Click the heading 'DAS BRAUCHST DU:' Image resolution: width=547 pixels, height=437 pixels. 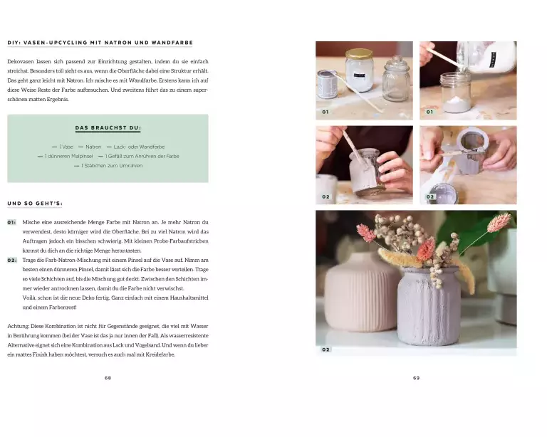pyautogui.click(x=108, y=128)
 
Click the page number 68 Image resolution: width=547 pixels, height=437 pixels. pyautogui.click(x=108, y=378)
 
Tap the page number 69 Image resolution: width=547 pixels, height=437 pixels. pyautogui.click(x=416, y=378)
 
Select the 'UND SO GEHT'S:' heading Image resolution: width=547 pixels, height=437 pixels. pyautogui.click(x=35, y=204)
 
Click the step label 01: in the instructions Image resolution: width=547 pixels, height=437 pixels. pyautogui.click(x=11, y=222)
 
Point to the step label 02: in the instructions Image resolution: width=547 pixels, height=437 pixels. pyautogui.click(x=12, y=260)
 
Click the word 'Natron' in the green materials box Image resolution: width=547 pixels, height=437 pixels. pyautogui.click(x=93, y=147)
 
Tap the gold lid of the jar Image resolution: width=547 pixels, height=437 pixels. pyautogui.click(x=359, y=53)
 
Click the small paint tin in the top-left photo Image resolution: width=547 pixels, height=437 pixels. pyautogui.click(x=328, y=84)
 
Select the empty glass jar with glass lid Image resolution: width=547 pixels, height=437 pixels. pyautogui.click(x=396, y=80)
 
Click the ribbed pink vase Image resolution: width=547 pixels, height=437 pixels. pyautogui.click(x=361, y=292)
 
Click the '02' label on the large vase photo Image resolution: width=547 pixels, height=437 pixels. pyautogui.click(x=325, y=349)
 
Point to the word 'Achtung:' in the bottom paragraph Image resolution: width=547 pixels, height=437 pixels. pyautogui.click(x=18, y=327)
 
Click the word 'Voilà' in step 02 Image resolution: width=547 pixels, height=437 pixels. pyautogui.click(x=29, y=298)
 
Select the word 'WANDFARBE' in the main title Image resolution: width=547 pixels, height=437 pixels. pyautogui.click(x=172, y=43)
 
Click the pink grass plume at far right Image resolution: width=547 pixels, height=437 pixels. pyautogui.click(x=499, y=222)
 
